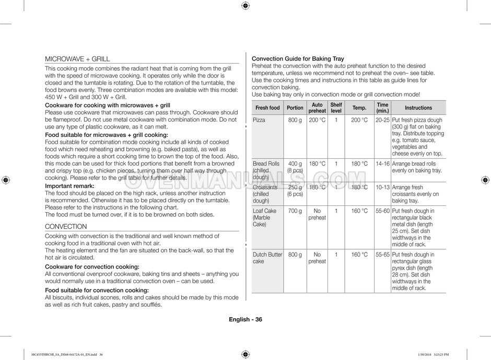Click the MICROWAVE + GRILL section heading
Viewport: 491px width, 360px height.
coord(77,59)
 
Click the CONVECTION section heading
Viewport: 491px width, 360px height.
coord(66,226)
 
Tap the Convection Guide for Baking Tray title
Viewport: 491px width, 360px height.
coord(298,59)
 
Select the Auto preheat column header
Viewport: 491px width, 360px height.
coord(317,108)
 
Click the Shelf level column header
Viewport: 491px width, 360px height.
coord(336,108)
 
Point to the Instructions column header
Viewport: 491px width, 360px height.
coord(418,108)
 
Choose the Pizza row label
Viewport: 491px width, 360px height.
coord(259,120)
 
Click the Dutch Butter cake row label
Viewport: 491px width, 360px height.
coord(267,258)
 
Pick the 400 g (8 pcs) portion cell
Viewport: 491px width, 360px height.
coord(295,167)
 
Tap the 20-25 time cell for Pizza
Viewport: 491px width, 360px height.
coord(382,120)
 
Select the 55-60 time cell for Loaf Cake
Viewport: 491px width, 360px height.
coord(382,211)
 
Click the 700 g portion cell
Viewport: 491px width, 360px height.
coord(295,211)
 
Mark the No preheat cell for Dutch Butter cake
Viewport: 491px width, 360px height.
coord(317,258)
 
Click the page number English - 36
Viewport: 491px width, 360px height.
coord(245,320)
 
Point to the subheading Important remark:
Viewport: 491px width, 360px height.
coord(69,186)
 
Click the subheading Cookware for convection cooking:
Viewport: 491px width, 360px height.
coord(92,266)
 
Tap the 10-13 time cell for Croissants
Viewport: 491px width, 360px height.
coord(382,188)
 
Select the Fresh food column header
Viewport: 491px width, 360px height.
coord(267,108)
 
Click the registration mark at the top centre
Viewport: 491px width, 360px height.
coord(245,6)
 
